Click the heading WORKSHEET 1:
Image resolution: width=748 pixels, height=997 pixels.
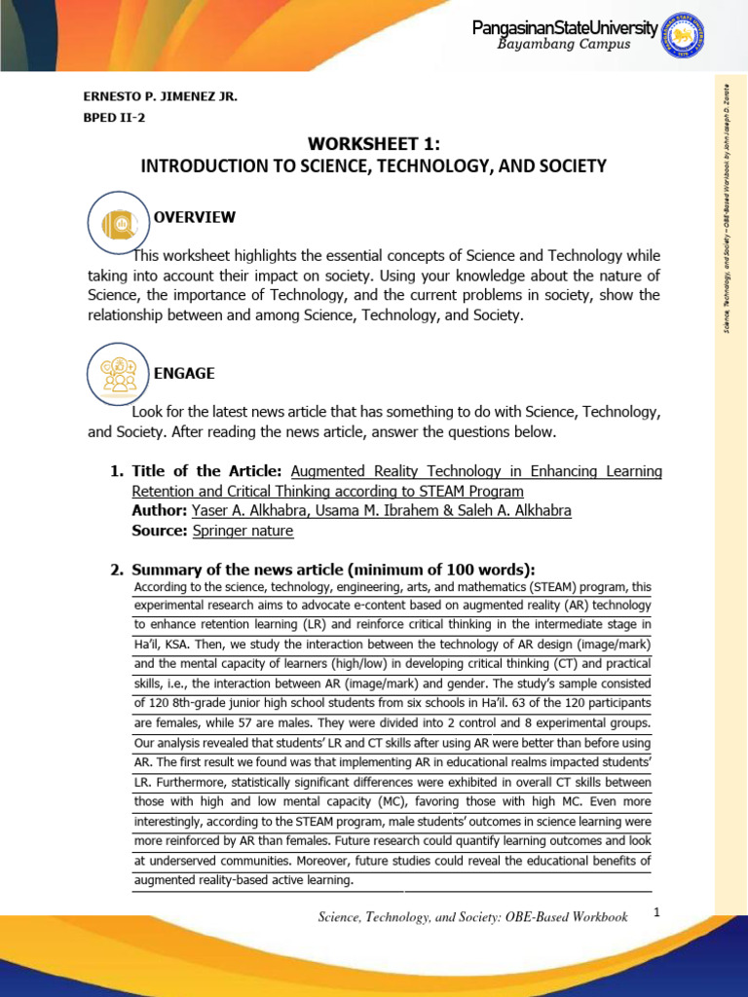click(373, 144)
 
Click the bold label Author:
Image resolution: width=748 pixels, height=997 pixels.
click(159, 510)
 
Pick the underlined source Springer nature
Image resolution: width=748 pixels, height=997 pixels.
click(242, 531)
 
